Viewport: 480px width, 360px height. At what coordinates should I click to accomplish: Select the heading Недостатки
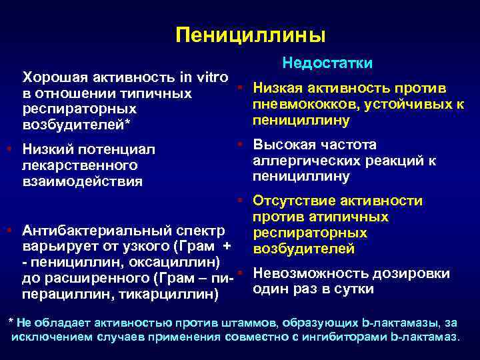[327, 63]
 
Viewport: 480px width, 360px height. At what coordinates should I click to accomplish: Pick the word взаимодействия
[83, 181]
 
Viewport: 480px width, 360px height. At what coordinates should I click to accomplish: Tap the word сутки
[353, 289]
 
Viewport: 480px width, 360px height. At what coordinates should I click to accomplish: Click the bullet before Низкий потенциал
[7, 148]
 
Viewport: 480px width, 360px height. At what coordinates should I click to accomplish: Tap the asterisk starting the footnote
[9, 321]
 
